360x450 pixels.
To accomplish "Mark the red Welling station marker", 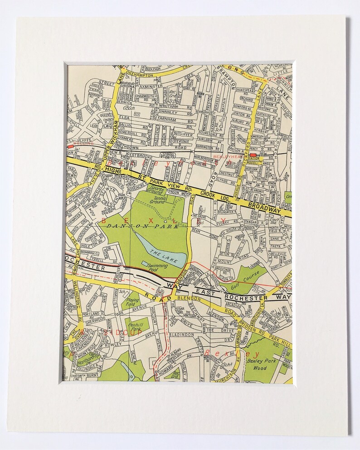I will point(70,147).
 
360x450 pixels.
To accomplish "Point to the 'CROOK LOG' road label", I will point(219,196).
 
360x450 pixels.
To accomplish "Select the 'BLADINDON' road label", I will point(185,334).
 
